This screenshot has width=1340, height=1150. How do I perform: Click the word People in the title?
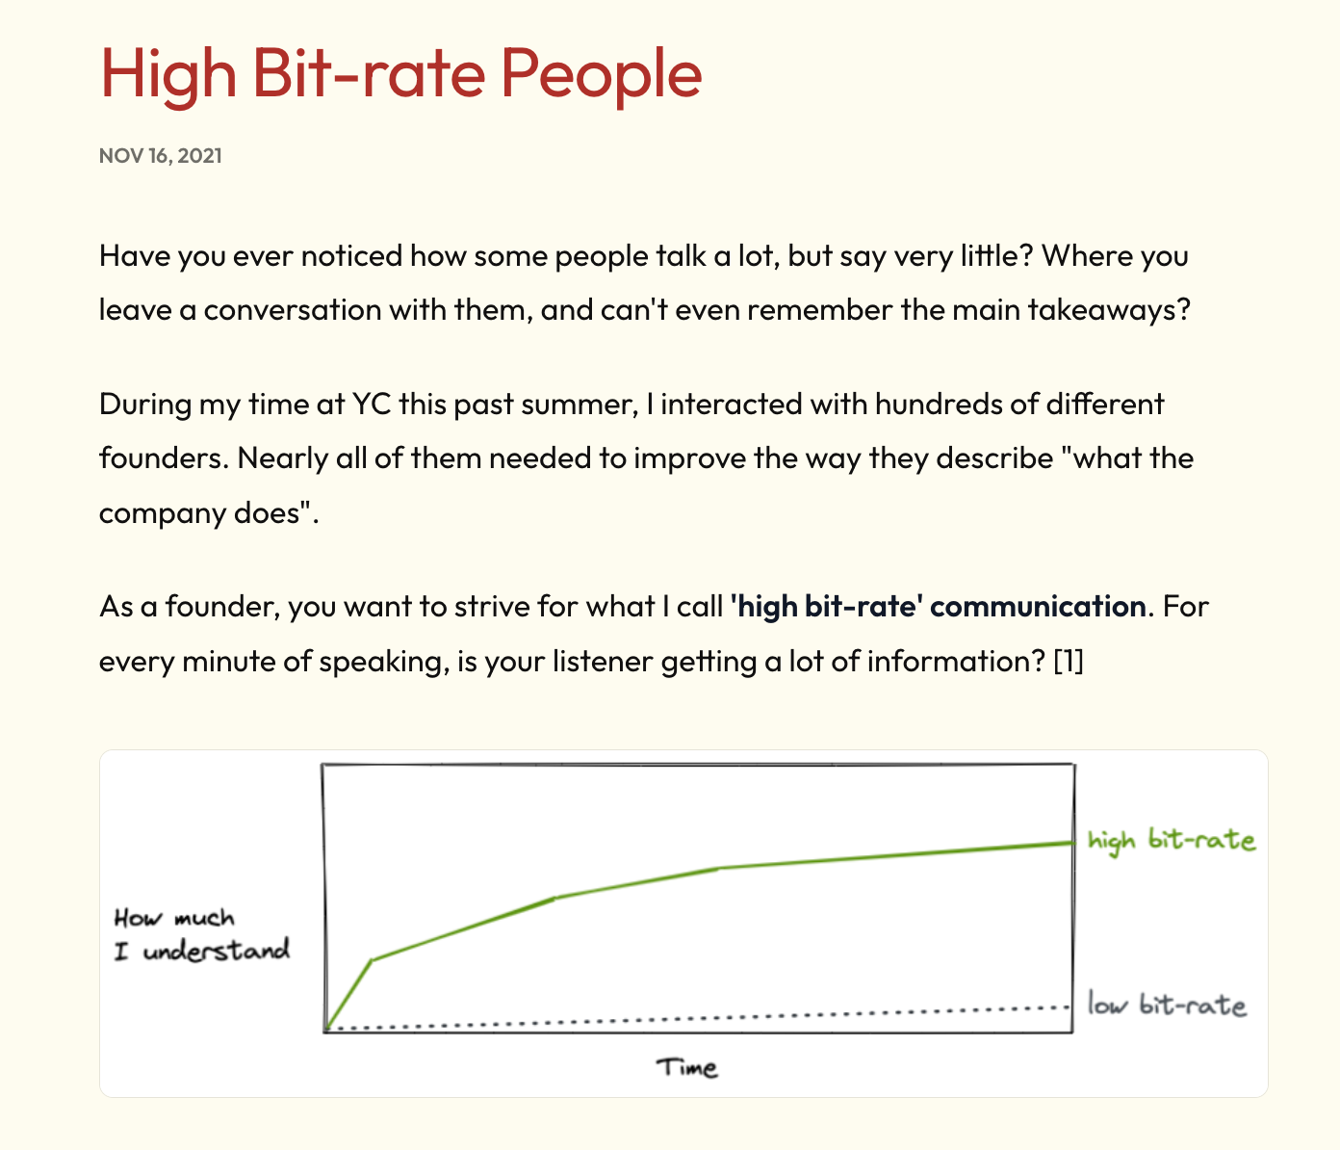(x=601, y=74)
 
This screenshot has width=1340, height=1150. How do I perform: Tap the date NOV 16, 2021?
(x=161, y=156)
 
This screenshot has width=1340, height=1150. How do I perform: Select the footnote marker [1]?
(x=1069, y=661)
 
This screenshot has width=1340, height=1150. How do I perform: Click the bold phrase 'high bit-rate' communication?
(x=938, y=607)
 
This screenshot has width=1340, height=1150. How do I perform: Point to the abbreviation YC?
(x=372, y=405)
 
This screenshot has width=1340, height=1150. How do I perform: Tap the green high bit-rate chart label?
(x=1172, y=841)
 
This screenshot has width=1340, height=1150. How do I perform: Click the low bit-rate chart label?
(x=1167, y=1005)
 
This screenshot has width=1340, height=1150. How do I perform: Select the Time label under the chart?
(x=686, y=1067)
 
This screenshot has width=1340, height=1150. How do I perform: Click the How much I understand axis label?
(x=201, y=934)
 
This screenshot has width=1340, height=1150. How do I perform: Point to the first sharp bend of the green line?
(x=373, y=959)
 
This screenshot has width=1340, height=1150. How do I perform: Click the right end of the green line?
(x=1073, y=842)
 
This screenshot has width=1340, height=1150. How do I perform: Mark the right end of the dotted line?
(x=1068, y=1006)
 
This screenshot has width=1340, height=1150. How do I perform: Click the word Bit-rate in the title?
(x=369, y=73)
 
